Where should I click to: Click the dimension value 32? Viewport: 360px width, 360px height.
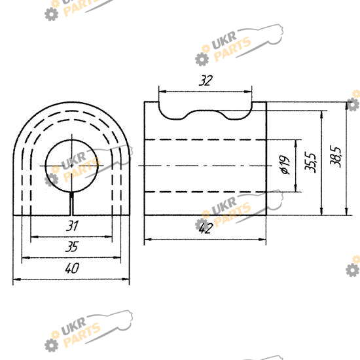click(206, 81)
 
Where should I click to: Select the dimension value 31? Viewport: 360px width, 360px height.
click(72, 226)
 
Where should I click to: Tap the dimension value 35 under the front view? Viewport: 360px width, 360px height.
click(72, 247)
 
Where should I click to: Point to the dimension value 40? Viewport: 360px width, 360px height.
click(72, 268)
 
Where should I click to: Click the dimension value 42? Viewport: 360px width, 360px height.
click(206, 228)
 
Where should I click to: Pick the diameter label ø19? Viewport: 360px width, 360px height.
click(285, 165)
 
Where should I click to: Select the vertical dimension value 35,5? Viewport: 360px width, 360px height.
click(310, 162)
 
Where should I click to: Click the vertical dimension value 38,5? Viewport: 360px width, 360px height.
click(336, 156)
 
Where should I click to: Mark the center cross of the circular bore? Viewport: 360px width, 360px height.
click(72, 166)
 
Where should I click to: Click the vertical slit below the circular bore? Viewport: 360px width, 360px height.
click(72, 204)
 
